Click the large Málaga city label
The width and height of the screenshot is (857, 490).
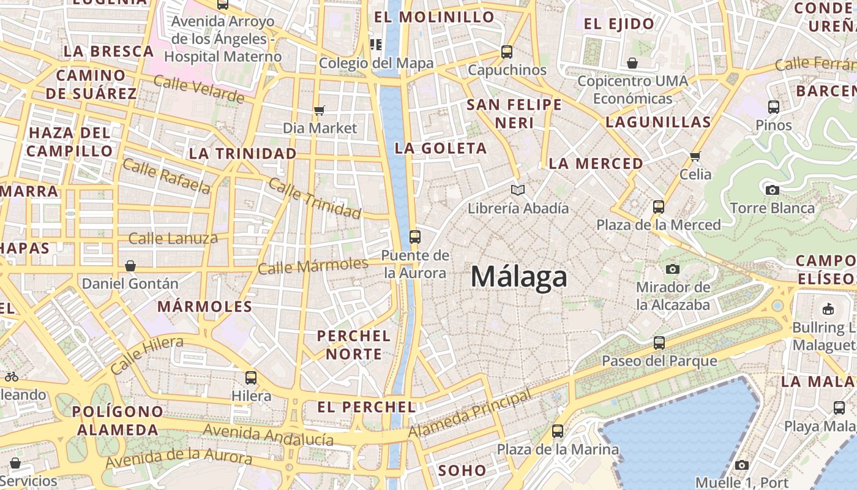tap(519, 277)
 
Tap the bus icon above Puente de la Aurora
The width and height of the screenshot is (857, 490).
tap(415, 236)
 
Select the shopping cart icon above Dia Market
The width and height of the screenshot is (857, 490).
tap(319, 110)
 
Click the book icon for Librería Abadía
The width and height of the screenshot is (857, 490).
tap(518, 190)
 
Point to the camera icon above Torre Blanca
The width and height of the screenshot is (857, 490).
tap(773, 190)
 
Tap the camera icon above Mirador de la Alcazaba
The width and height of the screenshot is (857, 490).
tap(673, 269)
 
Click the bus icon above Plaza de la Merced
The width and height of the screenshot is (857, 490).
tap(659, 207)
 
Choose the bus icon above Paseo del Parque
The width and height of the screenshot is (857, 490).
tap(659, 343)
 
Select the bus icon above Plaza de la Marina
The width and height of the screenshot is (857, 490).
tap(558, 431)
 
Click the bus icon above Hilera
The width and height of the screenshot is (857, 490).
tap(251, 378)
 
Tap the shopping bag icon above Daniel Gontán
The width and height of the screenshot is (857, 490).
tap(130, 266)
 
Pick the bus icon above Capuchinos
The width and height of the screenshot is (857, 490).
tap(507, 52)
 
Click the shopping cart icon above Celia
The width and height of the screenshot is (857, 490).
tap(695, 156)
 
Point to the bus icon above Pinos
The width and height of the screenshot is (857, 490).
tap(774, 107)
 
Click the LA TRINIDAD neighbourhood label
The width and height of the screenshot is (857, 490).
tap(243, 153)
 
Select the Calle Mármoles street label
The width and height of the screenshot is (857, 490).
tap(313, 266)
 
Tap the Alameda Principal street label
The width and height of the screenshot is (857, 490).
tap(470, 415)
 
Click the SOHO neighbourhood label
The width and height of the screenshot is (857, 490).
tap(462, 470)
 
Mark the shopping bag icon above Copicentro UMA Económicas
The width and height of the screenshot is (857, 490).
tap(632, 63)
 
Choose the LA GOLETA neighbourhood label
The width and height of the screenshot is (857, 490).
tap(441, 148)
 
